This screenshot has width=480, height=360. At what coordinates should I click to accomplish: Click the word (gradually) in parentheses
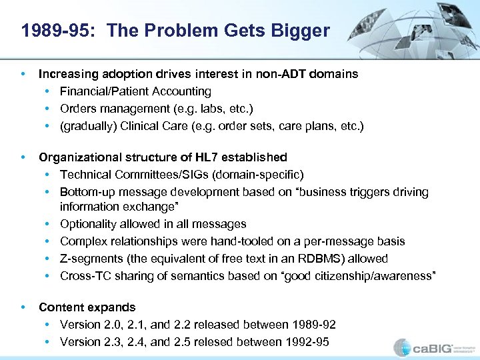(x=87, y=126)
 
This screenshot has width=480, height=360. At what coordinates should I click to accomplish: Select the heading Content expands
(x=87, y=307)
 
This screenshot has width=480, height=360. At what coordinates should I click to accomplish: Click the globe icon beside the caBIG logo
(x=403, y=347)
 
